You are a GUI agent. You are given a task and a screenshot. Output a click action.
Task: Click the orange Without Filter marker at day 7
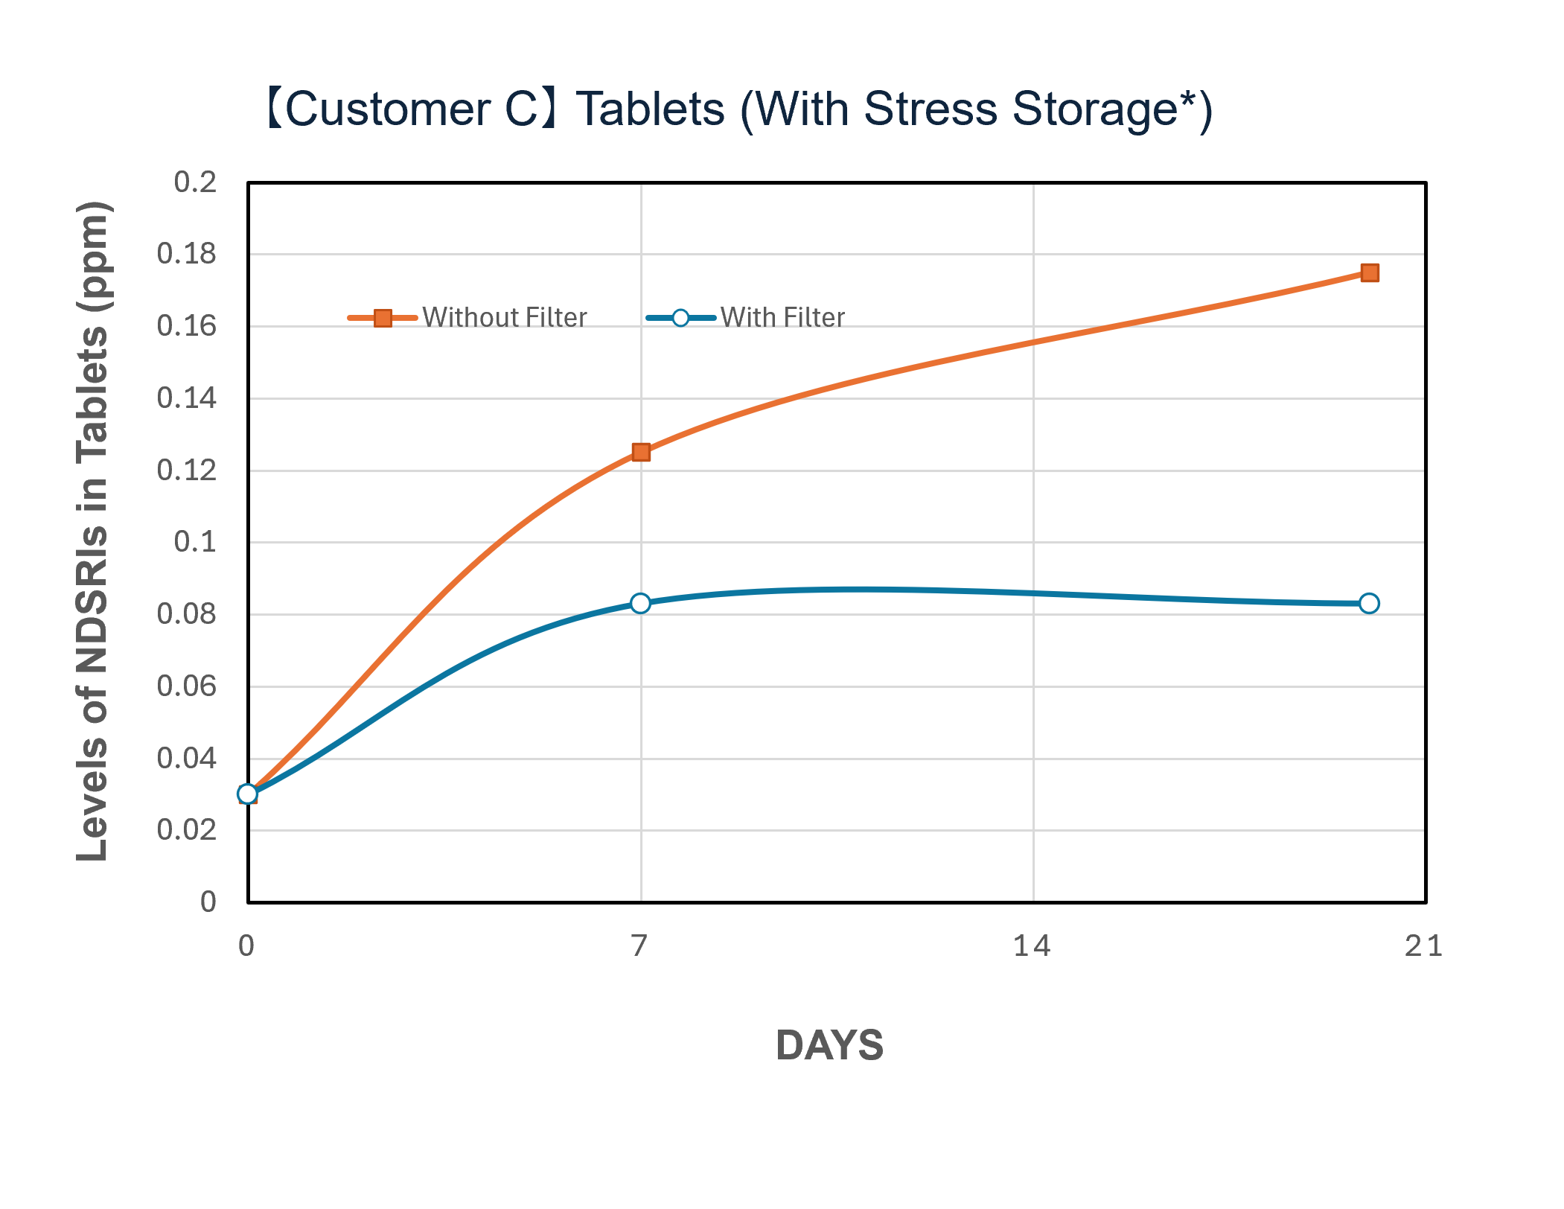click(641, 452)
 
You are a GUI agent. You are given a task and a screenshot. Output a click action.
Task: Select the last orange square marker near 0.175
click(1369, 273)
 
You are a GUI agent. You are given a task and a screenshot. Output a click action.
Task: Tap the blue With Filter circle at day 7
click(640, 603)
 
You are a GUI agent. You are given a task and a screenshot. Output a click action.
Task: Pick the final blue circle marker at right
click(1369, 603)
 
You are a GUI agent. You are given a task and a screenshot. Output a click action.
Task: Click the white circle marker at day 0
click(248, 794)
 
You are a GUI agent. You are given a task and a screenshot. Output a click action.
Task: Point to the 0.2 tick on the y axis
click(195, 182)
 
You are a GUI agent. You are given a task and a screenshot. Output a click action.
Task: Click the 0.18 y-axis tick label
click(187, 254)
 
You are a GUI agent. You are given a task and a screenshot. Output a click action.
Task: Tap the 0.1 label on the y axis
click(195, 542)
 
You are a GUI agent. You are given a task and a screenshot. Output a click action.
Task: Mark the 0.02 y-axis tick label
click(187, 829)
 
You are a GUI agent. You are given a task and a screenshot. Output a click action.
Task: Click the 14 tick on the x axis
click(1032, 946)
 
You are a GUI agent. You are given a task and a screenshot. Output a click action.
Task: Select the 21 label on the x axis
click(1423, 946)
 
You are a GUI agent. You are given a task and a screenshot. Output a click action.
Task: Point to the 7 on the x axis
click(639, 946)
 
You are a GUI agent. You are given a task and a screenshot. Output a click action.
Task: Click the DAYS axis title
click(829, 1045)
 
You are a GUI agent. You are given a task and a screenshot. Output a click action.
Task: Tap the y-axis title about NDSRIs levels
click(94, 532)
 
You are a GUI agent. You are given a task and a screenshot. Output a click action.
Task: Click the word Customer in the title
click(387, 109)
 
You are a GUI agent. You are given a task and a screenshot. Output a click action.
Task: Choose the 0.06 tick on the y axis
click(187, 686)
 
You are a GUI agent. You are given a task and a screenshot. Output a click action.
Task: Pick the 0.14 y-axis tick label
click(187, 398)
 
